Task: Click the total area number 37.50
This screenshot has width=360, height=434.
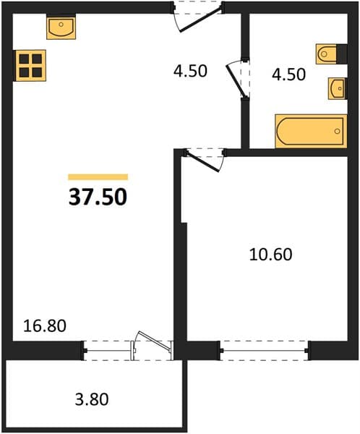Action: (x=98, y=197)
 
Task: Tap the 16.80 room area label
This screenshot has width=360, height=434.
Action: (x=45, y=325)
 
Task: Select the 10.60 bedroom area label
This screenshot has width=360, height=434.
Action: (x=270, y=255)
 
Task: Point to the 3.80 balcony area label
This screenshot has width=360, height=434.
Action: (x=92, y=400)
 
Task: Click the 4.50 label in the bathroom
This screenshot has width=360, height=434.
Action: (x=288, y=75)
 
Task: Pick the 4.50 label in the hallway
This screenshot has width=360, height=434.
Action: (x=190, y=71)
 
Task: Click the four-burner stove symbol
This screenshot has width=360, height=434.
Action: (x=30, y=66)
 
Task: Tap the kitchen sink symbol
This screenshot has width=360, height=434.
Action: (x=61, y=28)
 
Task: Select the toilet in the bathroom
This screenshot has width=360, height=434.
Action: (x=327, y=54)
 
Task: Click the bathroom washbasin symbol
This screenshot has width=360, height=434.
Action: (x=337, y=88)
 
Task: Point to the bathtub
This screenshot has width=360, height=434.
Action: (x=311, y=131)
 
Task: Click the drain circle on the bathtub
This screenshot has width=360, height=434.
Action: (x=337, y=131)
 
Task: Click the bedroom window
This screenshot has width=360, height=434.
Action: (x=264, y=350)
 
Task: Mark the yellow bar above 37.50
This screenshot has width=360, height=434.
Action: (x=98, y=177)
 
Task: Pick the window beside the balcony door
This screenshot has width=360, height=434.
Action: (x=108, y=351)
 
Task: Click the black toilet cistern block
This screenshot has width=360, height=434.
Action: (x=342, y=54)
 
